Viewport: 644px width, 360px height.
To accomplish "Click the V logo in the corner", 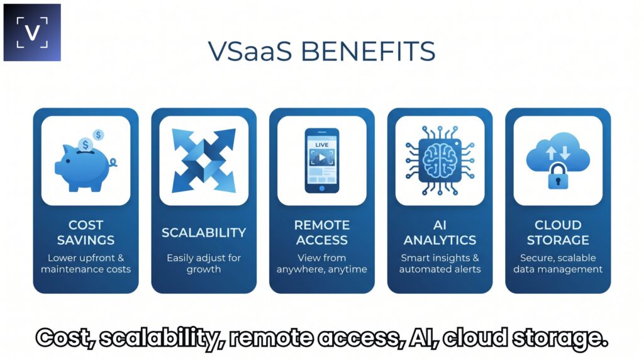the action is tap(32, 33).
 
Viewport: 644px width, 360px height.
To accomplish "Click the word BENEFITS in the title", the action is tap(368, 52).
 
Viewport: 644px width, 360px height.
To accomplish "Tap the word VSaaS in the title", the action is tap(250, 52).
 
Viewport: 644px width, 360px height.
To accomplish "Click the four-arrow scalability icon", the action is tap(204, 160).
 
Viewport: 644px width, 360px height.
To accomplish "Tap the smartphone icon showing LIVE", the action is tap(322, 160).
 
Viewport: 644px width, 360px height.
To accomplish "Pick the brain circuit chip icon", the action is tap(440, 160).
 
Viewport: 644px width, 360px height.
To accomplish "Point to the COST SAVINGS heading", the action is tap(86, 232).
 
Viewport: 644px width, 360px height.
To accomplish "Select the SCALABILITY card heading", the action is tap(204, 233).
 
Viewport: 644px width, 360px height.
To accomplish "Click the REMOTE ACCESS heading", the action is tap(322, 232).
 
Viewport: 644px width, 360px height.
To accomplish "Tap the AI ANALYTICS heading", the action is tap(440, 232).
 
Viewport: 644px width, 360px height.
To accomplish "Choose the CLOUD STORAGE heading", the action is tap(558, 232).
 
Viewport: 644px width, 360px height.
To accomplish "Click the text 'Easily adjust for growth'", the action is tap(204, 264).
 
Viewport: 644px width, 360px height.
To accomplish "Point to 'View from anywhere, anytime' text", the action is tap(322, 264).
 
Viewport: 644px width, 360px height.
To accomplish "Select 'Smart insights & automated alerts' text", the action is tap(440, 264).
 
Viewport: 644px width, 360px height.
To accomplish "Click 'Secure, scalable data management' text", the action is tap(558, 264).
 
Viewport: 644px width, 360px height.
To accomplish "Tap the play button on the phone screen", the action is tap(322, 157).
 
